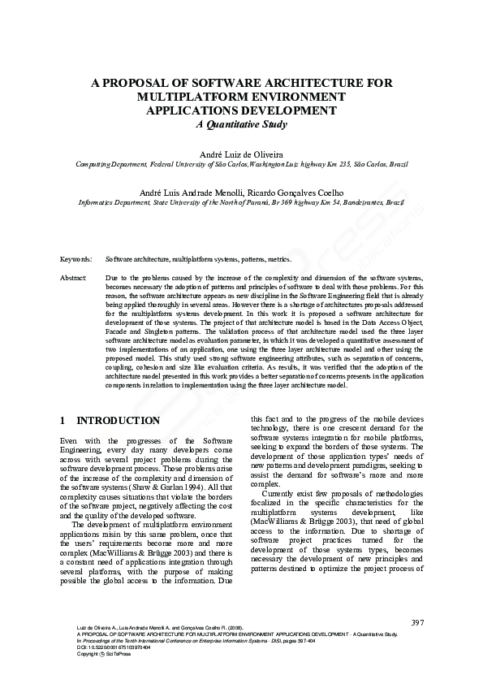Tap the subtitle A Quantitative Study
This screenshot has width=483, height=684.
241,124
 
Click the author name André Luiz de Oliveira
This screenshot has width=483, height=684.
241,154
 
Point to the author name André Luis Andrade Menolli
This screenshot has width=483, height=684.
196,192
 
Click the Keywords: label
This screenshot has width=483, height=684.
75,258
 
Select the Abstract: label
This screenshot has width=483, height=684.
74,278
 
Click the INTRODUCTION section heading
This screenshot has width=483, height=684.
118,421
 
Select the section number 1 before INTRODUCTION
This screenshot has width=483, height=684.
63,421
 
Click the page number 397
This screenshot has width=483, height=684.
418,622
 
